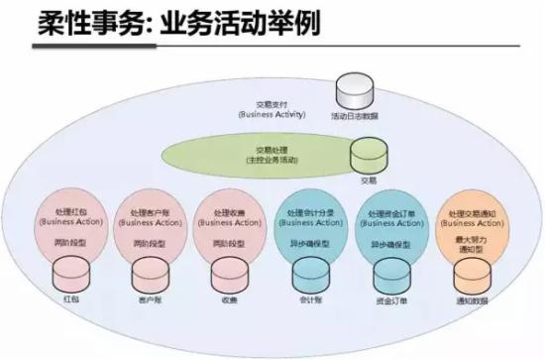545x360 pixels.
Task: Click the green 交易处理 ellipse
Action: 260,156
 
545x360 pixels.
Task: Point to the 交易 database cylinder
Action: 369,157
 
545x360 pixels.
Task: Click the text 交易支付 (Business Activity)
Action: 269,109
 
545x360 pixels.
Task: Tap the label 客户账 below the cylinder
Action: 149,297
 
